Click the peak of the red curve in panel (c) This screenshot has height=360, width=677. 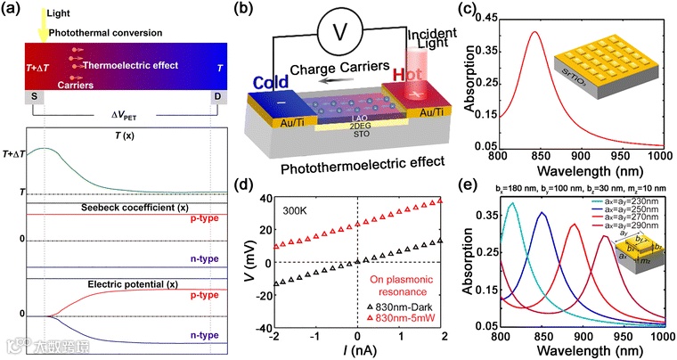point(534,32)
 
